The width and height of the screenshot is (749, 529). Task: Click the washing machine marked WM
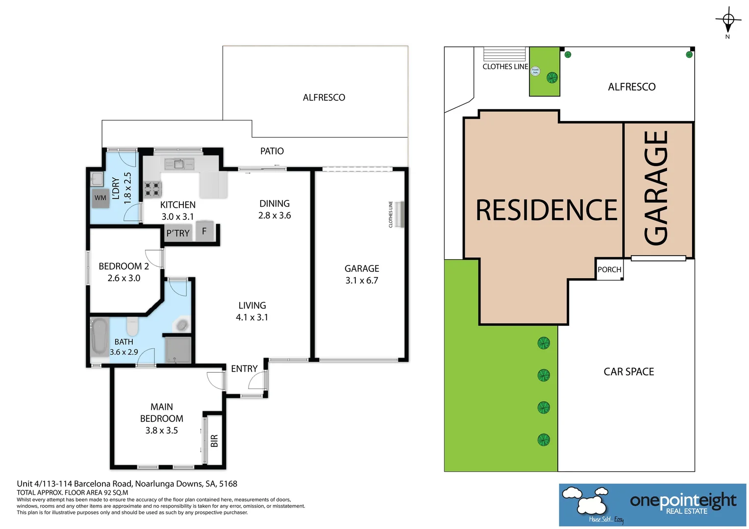[x=101, y=198]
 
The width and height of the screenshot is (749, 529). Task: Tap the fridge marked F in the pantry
[x=205, y=231]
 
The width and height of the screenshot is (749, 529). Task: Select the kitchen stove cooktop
[x=152, y=189]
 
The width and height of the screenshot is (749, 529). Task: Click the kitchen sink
[x=179, y=164]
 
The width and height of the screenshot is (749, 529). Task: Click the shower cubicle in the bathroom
[x=177, y=350]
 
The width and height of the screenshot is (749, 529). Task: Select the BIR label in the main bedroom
[x=214, y=441]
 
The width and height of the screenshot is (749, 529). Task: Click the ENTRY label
[x=244, y=369]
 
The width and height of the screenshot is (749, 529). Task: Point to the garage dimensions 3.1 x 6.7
[x=362, y=281]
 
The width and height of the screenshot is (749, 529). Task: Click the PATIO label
[x=272, y=151]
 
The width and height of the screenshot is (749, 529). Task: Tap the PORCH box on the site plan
[x=609, y=269]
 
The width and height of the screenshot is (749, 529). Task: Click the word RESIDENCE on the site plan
[x=546, y=210]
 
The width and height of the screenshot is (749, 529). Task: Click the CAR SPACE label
[x=628, y=372]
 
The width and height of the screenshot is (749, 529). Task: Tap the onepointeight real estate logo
[x=652, y=505]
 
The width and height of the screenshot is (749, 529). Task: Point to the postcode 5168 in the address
[x=228, y=484]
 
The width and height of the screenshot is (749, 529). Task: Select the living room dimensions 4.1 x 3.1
[x=252, y=317]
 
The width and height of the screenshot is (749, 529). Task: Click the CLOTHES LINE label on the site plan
[x=505, y=67]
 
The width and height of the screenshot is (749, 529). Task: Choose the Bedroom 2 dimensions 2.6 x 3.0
[x=124, y=278]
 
